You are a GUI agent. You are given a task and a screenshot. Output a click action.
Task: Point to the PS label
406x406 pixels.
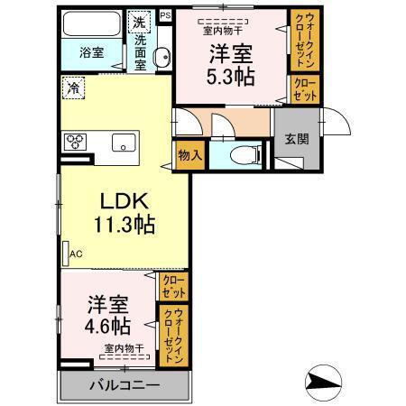tap(165, 15)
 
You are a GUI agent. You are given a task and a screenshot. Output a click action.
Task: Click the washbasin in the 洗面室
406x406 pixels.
tap(162, 59)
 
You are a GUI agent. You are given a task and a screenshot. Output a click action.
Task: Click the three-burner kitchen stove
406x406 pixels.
tap(76, 141)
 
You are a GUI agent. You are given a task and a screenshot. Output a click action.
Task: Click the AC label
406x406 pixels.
tap(76, 255)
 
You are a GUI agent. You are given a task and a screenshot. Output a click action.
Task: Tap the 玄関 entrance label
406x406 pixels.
tap(296, 139)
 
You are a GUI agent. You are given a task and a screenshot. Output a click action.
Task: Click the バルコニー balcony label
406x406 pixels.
tap(124, 385)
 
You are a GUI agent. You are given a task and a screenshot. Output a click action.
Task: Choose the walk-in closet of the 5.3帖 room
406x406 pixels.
tap(301, 40)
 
